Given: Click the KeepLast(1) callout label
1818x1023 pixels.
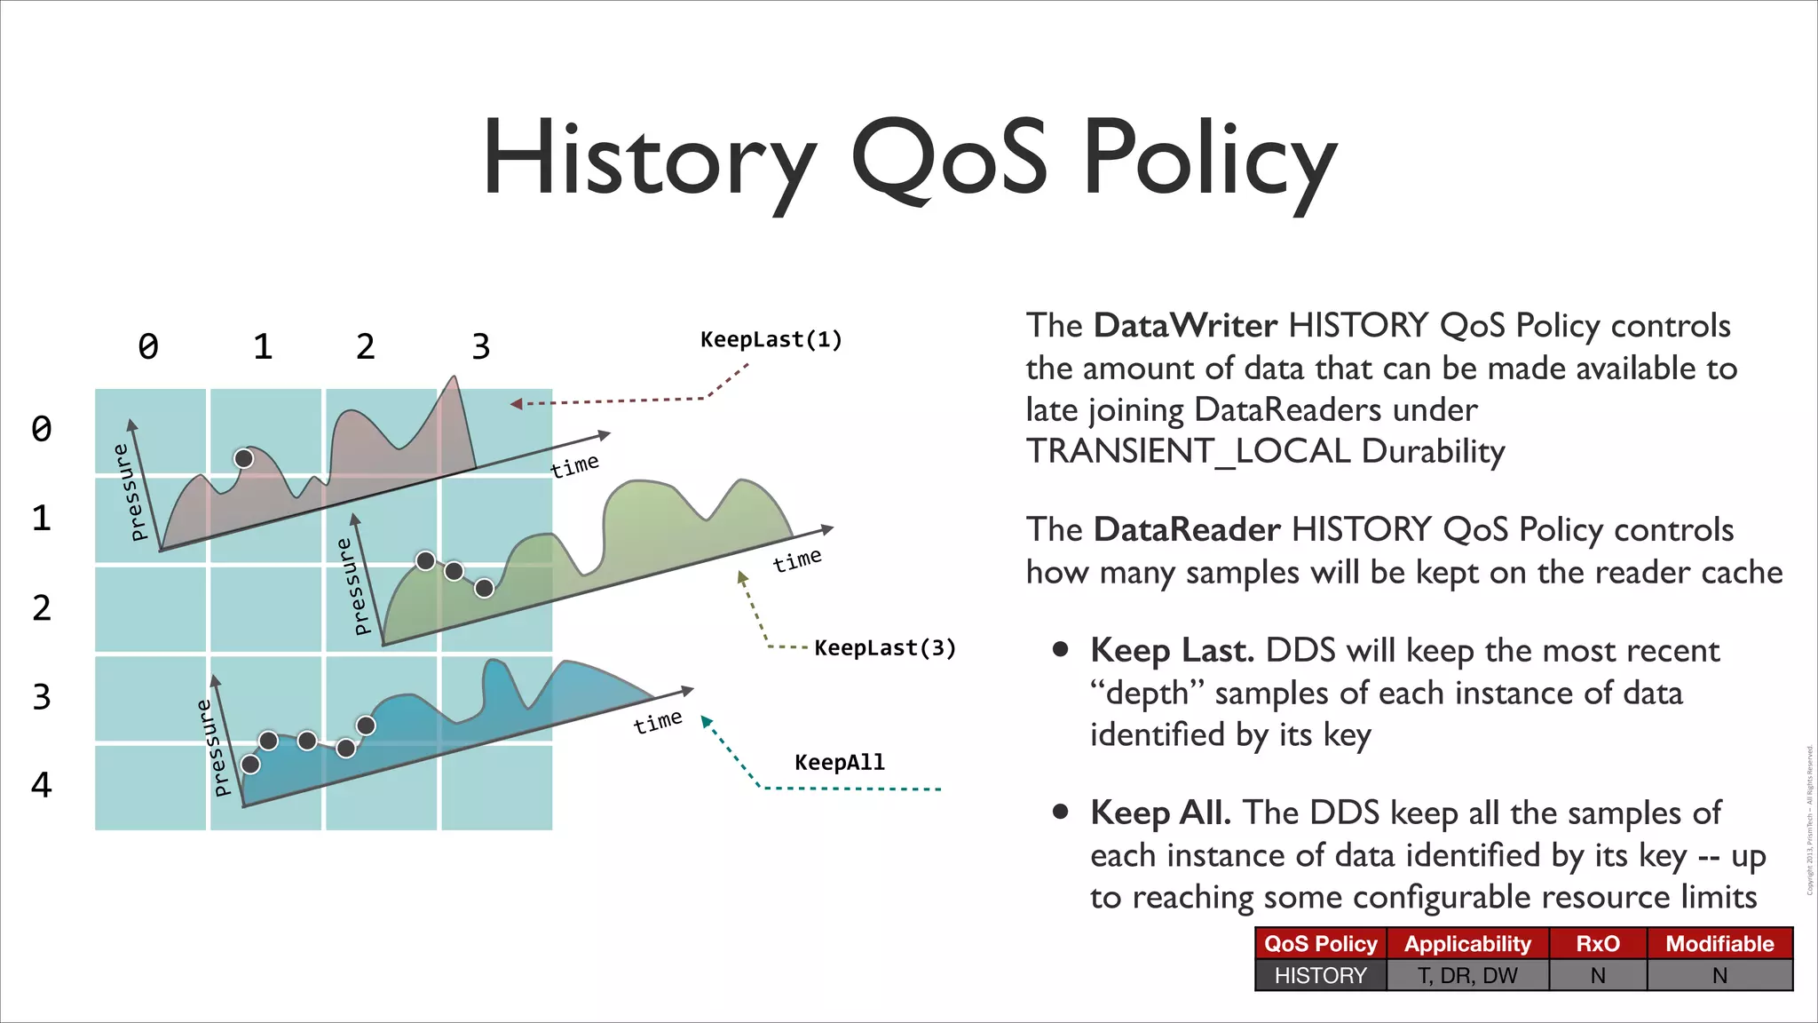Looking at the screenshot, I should (x=771, y=339).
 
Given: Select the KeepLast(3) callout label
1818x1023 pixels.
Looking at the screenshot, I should (x=885, y=647).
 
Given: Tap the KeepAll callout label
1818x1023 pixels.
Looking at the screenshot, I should (x=840, y=762).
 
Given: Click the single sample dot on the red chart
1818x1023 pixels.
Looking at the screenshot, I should (x=243, y=458).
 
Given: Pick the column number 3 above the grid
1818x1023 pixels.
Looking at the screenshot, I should (x=480, y=346).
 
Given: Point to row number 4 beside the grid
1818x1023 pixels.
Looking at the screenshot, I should (x=42, y=784).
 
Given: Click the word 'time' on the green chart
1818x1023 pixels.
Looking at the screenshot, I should (x=797, y=560).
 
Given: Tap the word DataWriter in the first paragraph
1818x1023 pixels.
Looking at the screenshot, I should (x=1184, y=325).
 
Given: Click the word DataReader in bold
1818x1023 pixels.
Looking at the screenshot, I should (x=1186, y=529).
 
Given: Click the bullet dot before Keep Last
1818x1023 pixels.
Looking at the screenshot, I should (x=1060, y=649).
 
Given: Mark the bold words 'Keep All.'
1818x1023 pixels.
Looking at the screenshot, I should (x=1160, y=812).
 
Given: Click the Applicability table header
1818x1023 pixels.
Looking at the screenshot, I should (x=1467, y=943).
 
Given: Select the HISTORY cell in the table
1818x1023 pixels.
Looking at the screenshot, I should (x=1320, y=975).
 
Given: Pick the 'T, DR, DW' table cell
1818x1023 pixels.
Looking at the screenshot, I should (x=1467, y=975).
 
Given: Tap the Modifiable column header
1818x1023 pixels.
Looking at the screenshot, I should (x=1719, y=943).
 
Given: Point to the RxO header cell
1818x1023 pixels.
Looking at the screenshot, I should (x=1597, y=943).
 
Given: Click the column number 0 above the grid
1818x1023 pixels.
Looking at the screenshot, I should (x=148, y=346).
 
